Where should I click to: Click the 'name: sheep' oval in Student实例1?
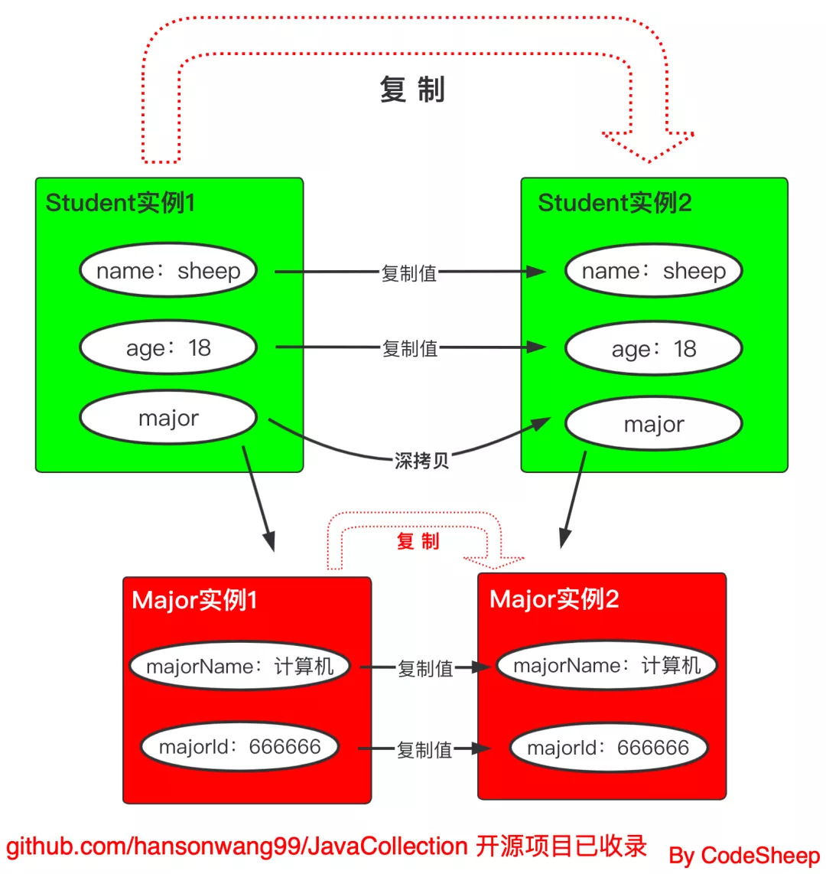click(168, 271)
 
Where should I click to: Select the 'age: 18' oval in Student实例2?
click(654, 349)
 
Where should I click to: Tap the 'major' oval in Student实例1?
click(168, 418)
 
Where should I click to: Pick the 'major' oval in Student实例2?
click(654, 424)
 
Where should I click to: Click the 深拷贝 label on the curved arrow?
click(421, 461)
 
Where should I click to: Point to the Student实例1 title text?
click(120, 203)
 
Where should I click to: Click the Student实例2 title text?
click(614, 203)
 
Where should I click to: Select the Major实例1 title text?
click(194, 600)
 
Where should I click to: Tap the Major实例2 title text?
click(554, 599)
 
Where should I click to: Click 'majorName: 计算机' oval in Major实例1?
click(239, 667)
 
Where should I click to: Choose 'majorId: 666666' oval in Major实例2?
click(608, 748)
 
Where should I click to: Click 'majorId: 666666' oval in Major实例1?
click(239, 747)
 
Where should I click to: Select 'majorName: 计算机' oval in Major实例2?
click(606, 666)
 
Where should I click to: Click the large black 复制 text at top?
click(412, 90)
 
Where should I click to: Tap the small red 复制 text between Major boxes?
click(418, 542)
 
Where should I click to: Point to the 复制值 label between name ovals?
click(409, 273)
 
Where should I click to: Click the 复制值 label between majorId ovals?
click(424, 750)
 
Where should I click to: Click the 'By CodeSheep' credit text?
click(743, 856)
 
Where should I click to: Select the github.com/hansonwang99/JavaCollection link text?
click(237, 846)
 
